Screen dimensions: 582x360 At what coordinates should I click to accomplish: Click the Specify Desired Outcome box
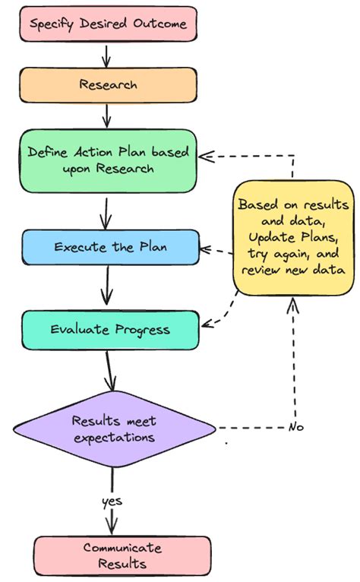[x=108, y=24]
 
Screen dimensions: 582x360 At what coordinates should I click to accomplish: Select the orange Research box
[x=108, y=84]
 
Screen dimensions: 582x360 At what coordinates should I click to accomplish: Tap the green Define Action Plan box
[x=108, y=160]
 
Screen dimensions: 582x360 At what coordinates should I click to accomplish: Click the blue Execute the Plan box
[x=110, y=247]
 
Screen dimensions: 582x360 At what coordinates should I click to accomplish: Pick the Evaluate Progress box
[x=110, y=329]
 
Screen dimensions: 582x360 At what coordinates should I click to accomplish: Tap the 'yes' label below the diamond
[x=112, y=501]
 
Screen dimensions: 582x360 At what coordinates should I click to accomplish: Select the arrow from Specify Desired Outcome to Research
[x=107, y=55]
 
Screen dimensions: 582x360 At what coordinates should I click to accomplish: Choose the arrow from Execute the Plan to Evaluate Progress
[x=107, y=287]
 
